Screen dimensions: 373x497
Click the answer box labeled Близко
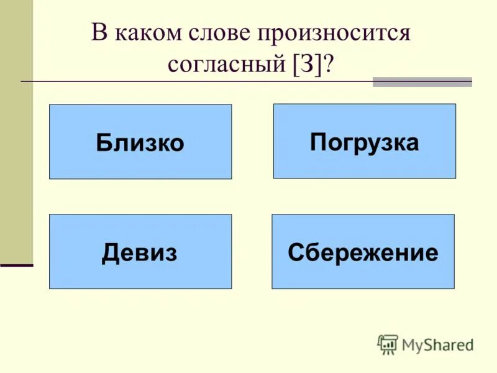click(140, 142)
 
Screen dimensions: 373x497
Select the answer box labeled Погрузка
click(365, 141)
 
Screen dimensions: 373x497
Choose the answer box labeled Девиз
click(140, 252)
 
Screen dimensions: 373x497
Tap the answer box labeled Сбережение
click(363, 252)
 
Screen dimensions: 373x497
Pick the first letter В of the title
click(99, 33)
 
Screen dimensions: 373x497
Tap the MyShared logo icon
click(388, 344)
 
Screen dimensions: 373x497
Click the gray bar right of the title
click(422, 82)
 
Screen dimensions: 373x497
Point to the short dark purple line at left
click(16, 265)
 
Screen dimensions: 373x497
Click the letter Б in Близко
click(104, 143)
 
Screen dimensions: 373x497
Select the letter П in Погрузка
click(318, 142)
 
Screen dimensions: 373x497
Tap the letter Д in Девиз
click(111, 253)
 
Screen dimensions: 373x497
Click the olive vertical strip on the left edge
click(16, 124)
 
